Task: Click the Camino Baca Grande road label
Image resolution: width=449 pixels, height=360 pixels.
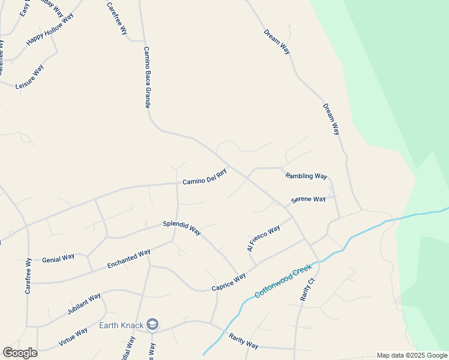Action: coord(146,77)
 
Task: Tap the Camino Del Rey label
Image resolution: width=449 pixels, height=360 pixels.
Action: coord(205,176)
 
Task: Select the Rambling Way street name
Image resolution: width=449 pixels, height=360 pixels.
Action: coord(306,176)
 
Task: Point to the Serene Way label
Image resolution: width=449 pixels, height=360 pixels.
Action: coord(309,199)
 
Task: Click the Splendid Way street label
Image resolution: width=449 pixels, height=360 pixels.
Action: coord(182,229)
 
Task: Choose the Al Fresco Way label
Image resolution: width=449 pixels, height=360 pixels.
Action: coord(264,238)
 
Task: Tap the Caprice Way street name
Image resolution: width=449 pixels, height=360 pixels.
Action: coord(229,283)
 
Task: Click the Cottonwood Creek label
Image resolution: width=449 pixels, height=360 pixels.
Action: coord(285,283)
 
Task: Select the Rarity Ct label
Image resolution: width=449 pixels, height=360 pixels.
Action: coord(307,289)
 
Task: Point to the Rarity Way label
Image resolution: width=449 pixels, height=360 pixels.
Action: coord(243,341)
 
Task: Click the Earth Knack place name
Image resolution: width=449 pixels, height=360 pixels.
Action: coord(121,326)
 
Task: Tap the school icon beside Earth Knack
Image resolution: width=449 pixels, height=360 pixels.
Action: coord(152,325)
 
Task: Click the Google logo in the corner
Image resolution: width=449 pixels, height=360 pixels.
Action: coord(20,353)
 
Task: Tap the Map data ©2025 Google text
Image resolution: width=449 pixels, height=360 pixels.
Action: coord(412,355)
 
